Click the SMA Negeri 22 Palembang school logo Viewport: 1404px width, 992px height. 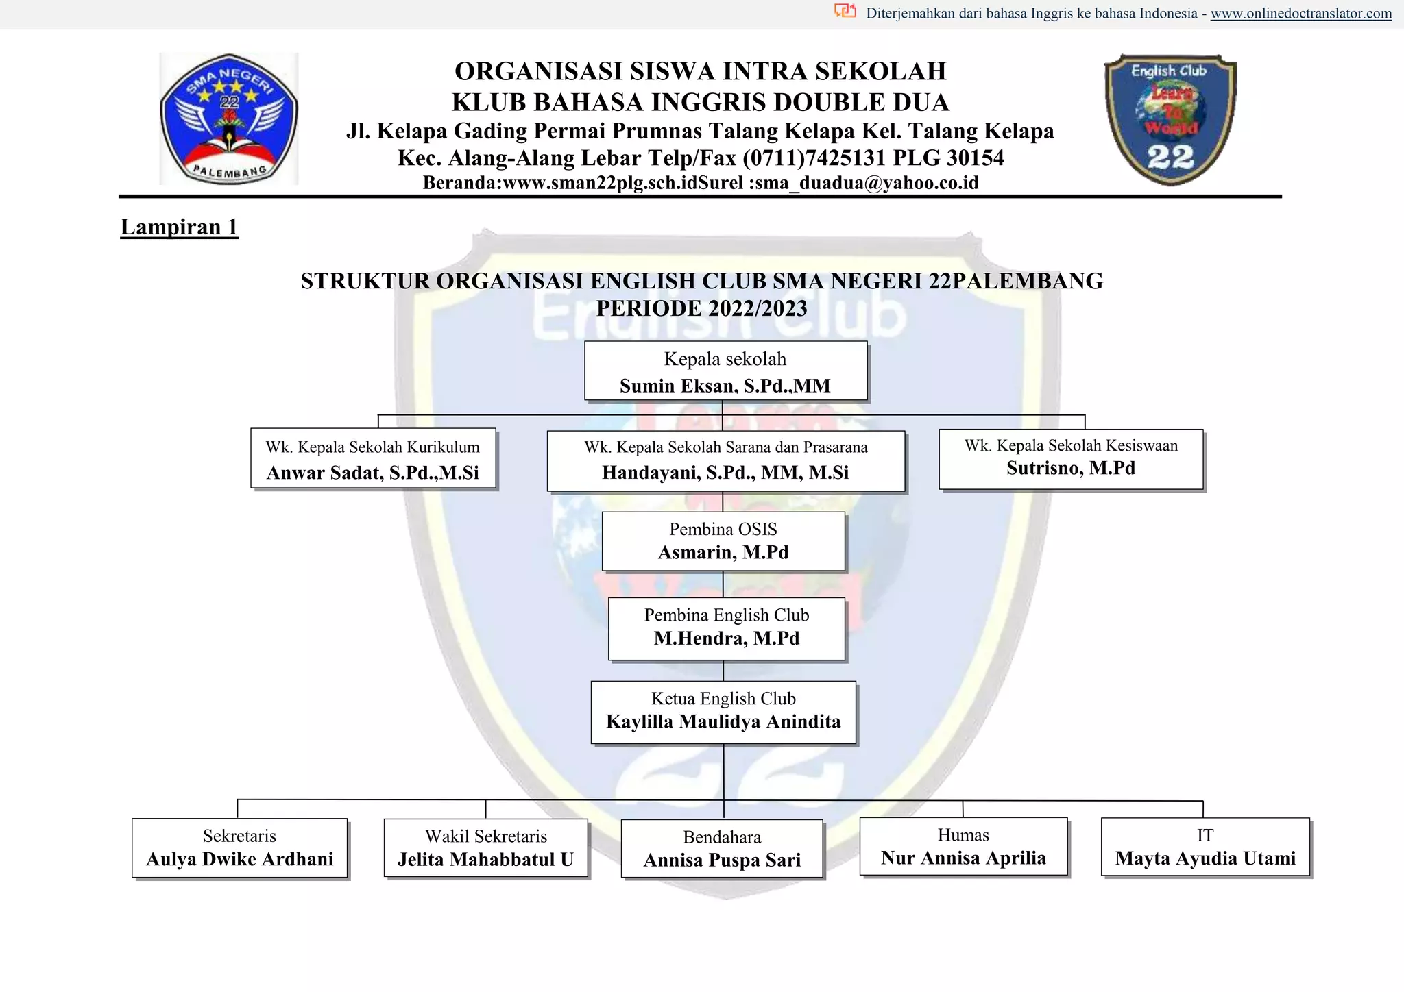(228, 119)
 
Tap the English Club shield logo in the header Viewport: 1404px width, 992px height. (1170, 119)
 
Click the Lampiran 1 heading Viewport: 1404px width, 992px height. (179, 227)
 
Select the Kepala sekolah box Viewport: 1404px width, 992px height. (725, 371)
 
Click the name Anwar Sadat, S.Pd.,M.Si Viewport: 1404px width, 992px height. (373, 473)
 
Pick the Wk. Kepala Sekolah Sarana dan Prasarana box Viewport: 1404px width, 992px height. (725, 460)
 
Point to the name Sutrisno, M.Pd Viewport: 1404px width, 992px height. (1071, 469)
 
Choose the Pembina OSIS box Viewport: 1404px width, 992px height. (723, 541)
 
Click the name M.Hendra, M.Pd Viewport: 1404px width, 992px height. (727, 638)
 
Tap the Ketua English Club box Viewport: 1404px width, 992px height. (723, 712)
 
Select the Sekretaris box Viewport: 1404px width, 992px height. (239, 847)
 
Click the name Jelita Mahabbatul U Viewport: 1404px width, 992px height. (485, 860)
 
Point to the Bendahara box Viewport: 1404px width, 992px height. (722, 849)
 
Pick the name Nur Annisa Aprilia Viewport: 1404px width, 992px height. (963, 858)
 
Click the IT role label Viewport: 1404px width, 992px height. (1205, 835)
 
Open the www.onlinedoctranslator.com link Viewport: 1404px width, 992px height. (1300, 14)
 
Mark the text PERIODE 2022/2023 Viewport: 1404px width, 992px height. (701, 309)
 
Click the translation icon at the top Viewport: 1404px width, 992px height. (845, 11)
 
